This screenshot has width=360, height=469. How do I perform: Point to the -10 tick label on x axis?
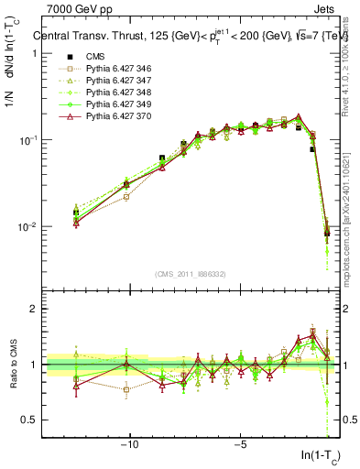click(129, 446)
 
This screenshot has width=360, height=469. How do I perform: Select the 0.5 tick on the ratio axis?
click(29, 420)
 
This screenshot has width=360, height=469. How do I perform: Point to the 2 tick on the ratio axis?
click(34, 309)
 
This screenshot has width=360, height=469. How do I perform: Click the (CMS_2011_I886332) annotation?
click(191, 274)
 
